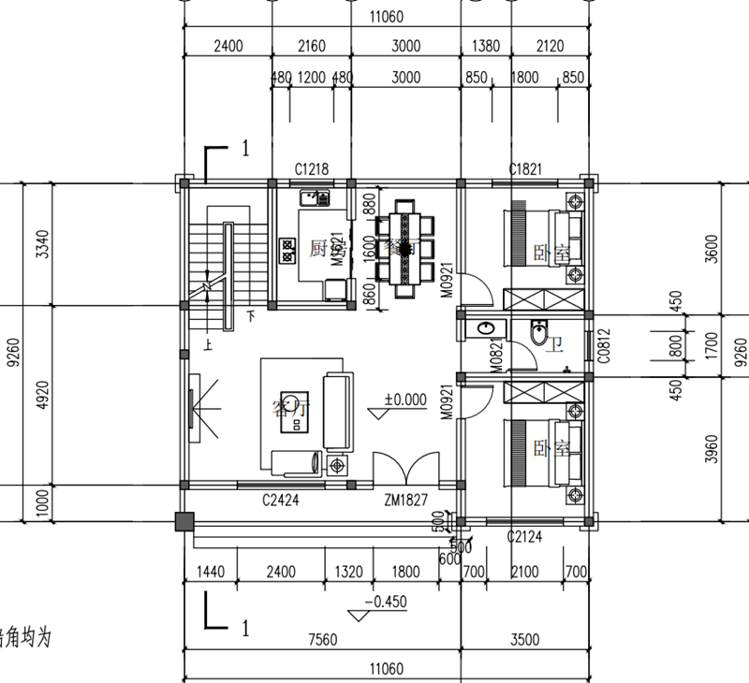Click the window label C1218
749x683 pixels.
tap(311, 169)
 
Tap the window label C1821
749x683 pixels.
tap(525, 169)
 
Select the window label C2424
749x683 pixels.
tap(280, 501)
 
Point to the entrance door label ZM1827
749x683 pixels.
tap(405, 501)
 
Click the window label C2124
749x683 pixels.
tap(525, 537)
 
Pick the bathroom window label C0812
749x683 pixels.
tap(604, 342)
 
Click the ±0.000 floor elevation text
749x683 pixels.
tap(404, 400)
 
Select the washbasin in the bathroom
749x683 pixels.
tap(486, 329)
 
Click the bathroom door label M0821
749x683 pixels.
tap(495, 356)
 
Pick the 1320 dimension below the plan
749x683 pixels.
tap(346, 572)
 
